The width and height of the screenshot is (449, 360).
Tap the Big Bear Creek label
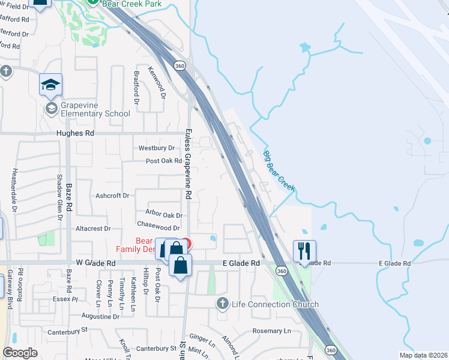279,171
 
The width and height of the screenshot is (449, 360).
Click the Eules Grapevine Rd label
187,164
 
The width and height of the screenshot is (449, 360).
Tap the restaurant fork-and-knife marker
304,251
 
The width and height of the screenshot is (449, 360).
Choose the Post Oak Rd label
164,161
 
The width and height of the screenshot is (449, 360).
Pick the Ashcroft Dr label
112,196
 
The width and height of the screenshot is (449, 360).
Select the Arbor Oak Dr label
163,214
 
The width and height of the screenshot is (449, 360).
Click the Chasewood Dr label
158,227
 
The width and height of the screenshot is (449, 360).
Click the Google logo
20,353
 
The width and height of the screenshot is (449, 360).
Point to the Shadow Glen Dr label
59,190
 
